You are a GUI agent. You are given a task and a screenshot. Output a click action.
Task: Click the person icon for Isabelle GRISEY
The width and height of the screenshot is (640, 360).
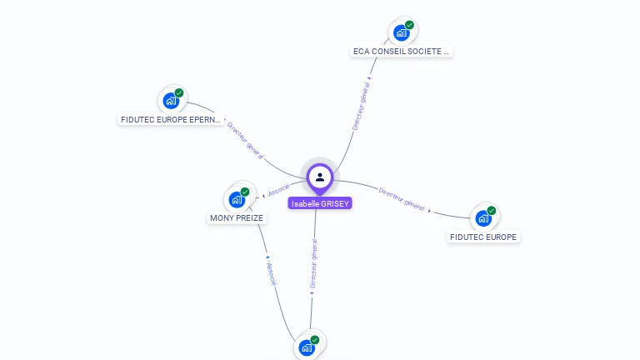click(x=320, y=177)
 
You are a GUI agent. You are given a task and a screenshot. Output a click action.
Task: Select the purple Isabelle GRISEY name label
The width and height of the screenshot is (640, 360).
click(x=320, y=203)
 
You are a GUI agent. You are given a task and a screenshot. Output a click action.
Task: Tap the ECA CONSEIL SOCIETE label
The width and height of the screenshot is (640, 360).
click(x=402, y=52)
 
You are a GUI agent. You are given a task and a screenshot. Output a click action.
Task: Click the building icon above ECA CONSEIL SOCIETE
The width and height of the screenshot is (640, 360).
click(x=402, y=33)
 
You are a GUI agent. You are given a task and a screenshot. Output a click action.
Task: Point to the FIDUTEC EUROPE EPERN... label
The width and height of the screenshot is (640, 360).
click(x=171, y=120)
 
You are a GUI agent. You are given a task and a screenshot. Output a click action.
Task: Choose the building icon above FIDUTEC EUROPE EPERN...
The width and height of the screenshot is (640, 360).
click(x=171, y=101)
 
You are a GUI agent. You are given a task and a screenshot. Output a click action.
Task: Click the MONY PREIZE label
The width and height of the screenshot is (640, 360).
click(x=237, y=218)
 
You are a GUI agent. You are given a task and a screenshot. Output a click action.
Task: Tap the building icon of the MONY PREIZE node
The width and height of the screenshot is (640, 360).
click(x=237, y=200)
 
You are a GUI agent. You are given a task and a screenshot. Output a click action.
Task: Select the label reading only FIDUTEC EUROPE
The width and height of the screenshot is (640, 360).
click(x=483, y=237)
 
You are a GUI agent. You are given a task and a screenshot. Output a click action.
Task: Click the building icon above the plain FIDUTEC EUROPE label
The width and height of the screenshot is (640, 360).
click(x=483, y=218)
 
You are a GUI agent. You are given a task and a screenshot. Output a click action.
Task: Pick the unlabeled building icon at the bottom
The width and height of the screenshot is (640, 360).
click(x=307, y=347)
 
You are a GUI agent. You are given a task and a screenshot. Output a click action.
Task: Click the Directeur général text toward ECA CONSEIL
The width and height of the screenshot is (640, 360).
click(x=362, y=106)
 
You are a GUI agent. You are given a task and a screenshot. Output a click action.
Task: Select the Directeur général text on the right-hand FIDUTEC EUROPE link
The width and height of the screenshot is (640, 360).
click(x=402, y=197)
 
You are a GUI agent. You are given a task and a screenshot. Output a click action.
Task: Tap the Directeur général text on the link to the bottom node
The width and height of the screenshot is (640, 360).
click(x=314, y=263)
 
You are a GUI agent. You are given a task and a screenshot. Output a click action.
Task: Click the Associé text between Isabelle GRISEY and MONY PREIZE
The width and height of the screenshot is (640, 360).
click(x=278, y=190)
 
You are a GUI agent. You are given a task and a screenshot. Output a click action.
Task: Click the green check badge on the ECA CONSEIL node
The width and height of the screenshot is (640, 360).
click(x=409, y=25)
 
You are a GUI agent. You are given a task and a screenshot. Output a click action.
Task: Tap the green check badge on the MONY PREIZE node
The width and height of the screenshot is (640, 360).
click(x=245, y=192)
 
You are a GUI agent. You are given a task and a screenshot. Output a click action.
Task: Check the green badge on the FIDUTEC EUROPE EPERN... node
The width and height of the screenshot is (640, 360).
click(x=179, y=92)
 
